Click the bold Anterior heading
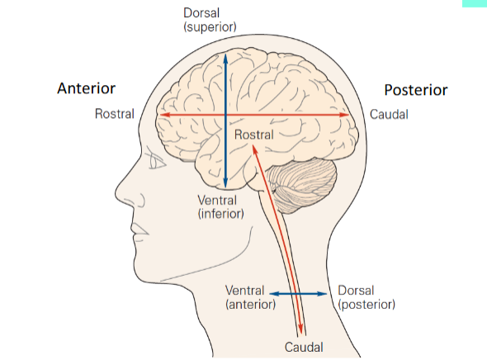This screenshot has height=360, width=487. (86, 88)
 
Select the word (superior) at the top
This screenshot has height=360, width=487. (210, 27)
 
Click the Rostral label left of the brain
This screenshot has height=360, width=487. (115, 114)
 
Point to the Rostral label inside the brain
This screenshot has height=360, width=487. (253, 134)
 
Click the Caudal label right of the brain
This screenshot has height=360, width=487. (388, 114)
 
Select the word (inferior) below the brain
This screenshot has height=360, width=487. (221, 214)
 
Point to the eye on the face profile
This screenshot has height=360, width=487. (156, 163)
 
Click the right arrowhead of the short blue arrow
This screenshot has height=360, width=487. (327, 293)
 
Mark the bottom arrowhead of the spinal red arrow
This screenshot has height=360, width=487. (303, 331)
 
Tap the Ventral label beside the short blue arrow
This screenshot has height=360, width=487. (245, 291)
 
